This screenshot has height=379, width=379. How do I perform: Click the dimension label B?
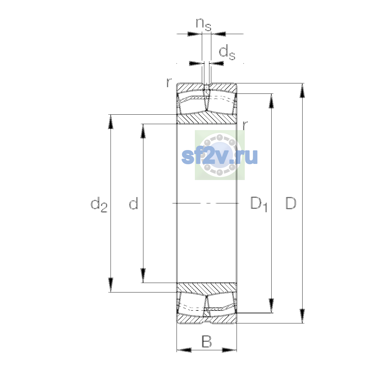(207, 342)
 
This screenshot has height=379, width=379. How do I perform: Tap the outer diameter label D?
(291, 203)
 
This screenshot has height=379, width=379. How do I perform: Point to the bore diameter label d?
(134, 203)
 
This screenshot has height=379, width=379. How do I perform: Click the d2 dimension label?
(99, 204)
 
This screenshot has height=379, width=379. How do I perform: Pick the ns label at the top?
(204, 25)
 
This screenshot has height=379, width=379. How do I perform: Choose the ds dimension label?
(227, 52)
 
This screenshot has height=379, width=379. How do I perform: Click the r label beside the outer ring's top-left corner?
(169, 83)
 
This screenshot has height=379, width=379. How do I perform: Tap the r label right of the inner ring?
(245, 125)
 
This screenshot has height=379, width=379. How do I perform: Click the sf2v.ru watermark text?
(220, 156)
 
